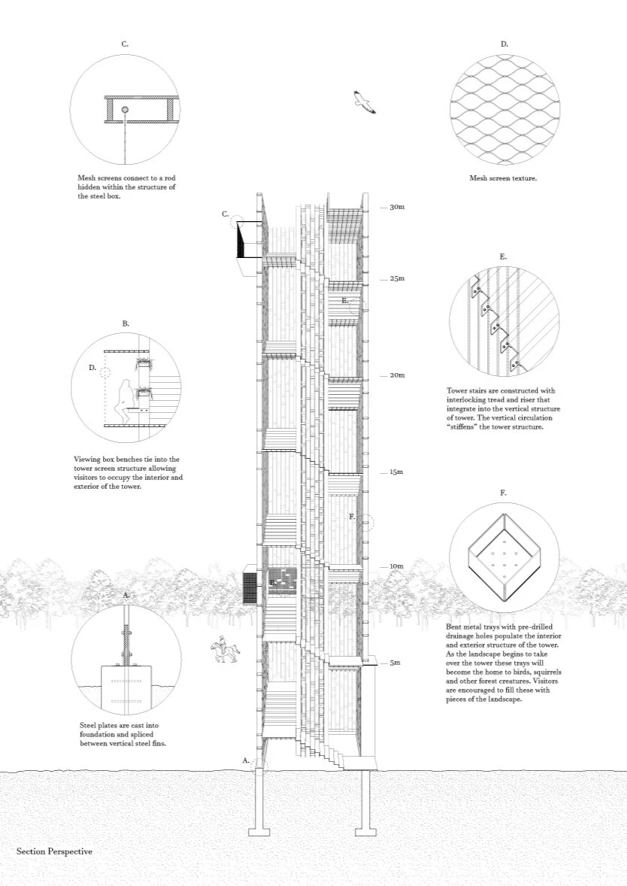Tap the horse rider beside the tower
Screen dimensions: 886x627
coord(223,651)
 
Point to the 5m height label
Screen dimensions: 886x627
coord(395,663)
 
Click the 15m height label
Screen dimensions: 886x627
coord(396,472)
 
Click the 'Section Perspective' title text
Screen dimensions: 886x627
coord(54,851)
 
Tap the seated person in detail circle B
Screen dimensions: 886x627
coord(123,399)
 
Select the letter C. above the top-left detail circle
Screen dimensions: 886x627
coord(125,44)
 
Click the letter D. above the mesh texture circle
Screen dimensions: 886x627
coord(504,44)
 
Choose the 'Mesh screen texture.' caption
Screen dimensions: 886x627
coord(504,179)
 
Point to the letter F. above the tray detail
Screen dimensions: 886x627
coord(503,493)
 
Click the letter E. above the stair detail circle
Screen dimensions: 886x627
coord(503,256)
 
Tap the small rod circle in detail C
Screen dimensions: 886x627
coord(125,110)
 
